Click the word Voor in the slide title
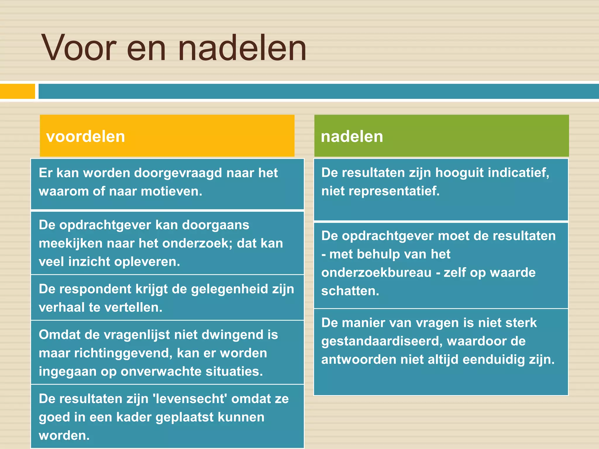[79, 48]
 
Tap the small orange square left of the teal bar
[17, 91]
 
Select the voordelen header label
[85, 137]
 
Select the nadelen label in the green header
[352, 137]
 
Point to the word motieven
[171, 191]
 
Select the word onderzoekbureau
[376, 273]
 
